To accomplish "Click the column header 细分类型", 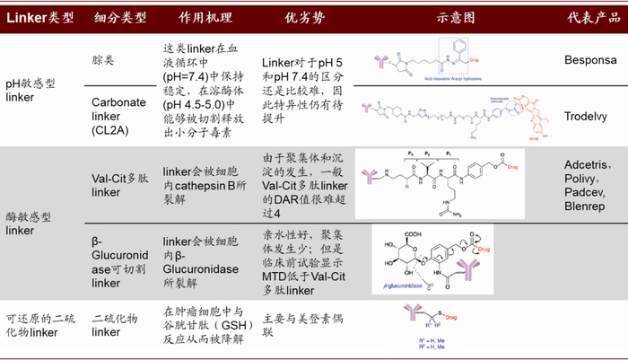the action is coord(120,19).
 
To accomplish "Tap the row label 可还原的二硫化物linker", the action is coord(36,324).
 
